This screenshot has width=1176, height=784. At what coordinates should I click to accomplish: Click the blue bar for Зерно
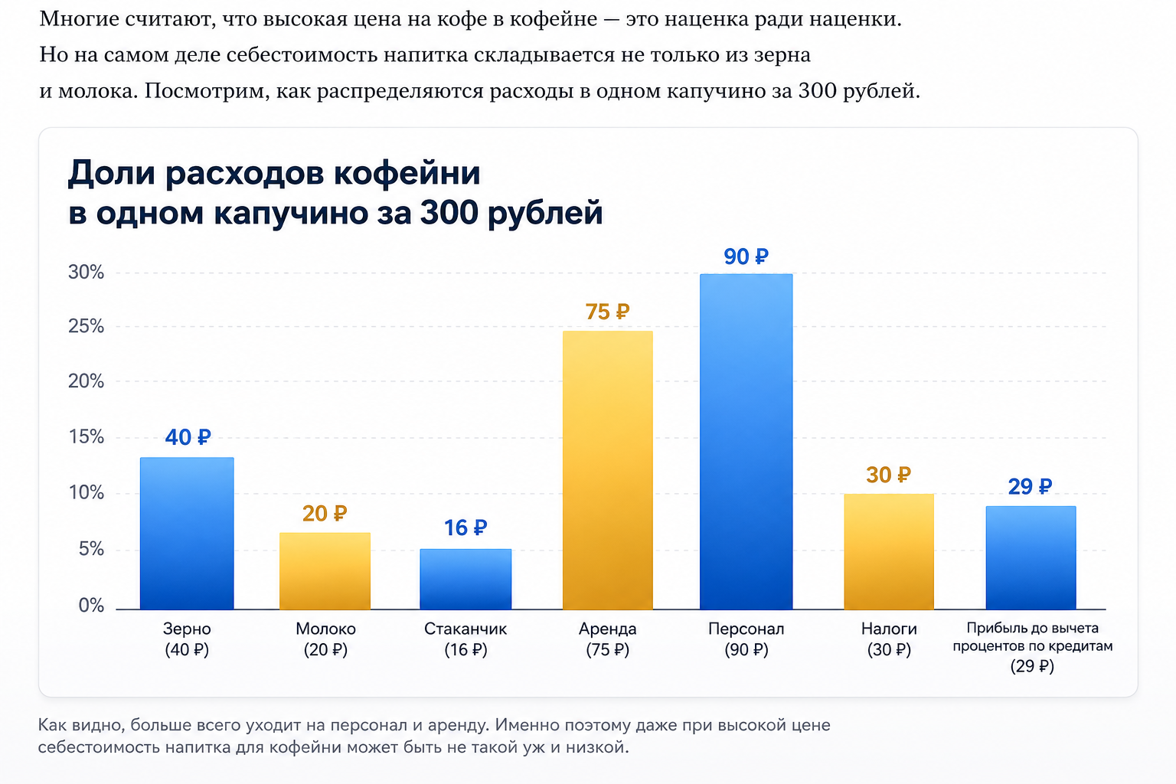click(x=187, y=533)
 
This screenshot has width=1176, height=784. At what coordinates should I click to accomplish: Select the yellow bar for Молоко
click(x=325, y=571)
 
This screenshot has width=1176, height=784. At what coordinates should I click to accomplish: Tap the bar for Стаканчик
click(x=465, y=580)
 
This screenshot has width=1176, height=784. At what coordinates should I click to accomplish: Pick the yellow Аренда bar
click(x=607, y=470)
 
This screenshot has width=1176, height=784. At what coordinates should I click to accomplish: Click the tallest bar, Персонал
click(x=746, y=442)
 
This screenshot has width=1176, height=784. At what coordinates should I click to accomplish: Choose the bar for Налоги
click(x=889, y=551)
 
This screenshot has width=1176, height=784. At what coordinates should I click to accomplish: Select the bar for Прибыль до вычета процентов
click(x=1031, y=557)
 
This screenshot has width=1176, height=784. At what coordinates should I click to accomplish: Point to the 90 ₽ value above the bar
click(x=746, y=256)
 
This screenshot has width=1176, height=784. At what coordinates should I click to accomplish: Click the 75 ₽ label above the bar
click(x=607, y=312)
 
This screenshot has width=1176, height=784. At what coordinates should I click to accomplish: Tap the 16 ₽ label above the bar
click(x=465, y=528)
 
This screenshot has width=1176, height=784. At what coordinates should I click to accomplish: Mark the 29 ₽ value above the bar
click(x=1030, y=487)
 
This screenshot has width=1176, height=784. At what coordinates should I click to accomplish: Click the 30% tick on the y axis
click(x=86, y=272)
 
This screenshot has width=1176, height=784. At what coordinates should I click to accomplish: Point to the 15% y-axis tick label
click(x=86, y=437)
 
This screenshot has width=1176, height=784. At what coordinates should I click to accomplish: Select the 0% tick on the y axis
click(x=91, y=606)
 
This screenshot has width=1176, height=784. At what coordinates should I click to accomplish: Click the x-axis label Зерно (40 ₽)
click(x=187, y=639)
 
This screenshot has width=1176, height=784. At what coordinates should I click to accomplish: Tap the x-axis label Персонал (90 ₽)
click(x=746, y=639)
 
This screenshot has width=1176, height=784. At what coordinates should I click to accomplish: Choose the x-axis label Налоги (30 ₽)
click(x=889, y=639)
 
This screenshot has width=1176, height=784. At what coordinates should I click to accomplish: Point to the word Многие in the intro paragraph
click(x=79, y=20)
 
